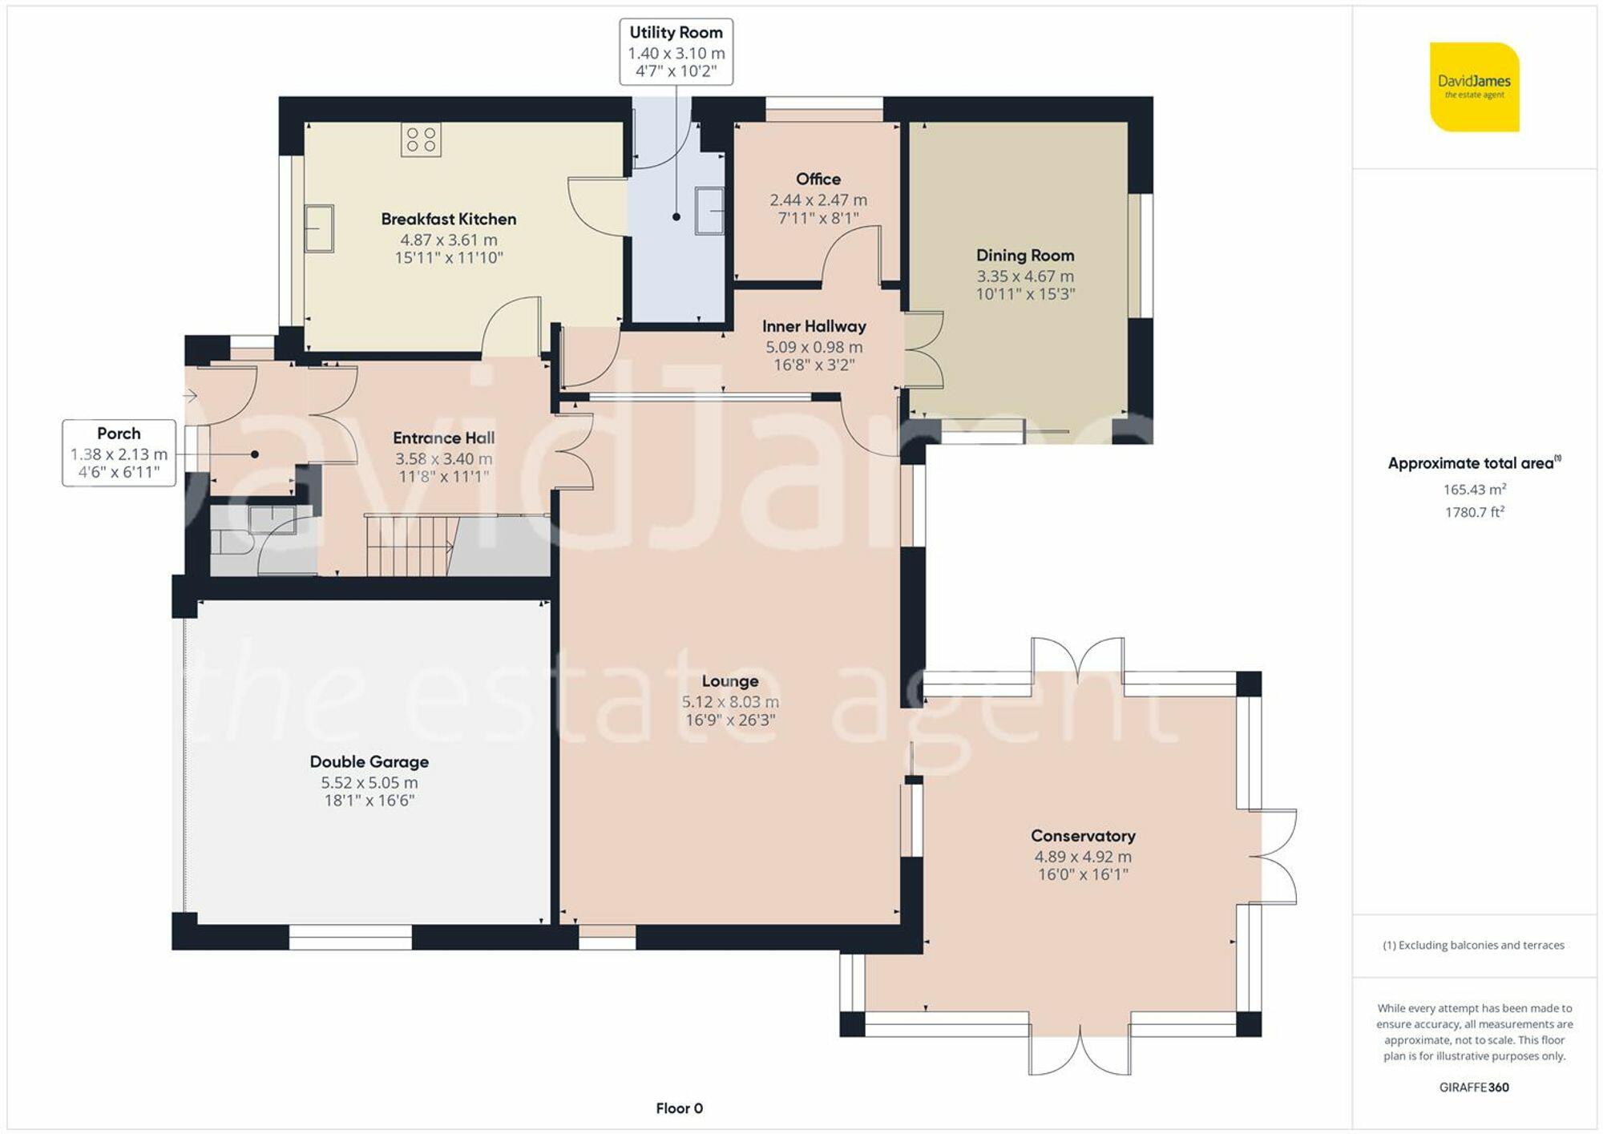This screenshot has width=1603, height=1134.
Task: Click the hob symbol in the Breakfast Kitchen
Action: (421, 139)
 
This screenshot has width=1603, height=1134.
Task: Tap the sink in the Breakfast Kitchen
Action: (319, 228)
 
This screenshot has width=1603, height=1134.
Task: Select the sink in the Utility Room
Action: (709, 210)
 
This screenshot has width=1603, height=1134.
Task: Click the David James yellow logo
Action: (1474, 87)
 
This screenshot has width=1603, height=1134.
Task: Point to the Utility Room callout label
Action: (676, 51)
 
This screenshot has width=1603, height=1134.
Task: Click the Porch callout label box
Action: (119, 453)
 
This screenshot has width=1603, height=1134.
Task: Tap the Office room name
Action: (818, 179)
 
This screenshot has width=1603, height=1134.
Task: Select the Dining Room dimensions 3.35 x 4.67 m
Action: (1024, 276)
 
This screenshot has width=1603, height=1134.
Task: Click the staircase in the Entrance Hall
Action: (410, 545)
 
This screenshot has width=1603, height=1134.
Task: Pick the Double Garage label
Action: (369, 761)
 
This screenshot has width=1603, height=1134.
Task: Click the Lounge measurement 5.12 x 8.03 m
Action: (729, 701)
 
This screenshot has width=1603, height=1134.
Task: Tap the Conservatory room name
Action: (1082, 836)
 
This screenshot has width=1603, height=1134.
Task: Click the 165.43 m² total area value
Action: (1474, 489)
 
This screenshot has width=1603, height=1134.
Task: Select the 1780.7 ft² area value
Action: (1474, 512)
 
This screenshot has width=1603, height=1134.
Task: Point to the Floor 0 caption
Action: (679, 1108)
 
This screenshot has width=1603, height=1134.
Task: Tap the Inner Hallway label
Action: (814, 326)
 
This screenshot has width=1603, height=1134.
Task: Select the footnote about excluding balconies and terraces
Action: (1473, 945)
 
